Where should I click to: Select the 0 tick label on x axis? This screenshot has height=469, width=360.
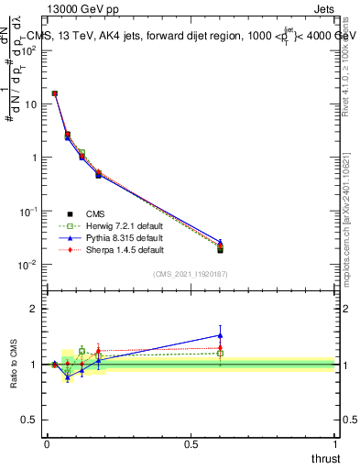47,443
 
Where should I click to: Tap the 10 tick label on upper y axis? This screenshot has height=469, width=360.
31,104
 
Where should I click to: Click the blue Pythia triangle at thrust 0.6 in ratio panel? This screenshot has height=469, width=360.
220,334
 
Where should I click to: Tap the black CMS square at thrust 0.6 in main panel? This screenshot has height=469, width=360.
220,249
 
